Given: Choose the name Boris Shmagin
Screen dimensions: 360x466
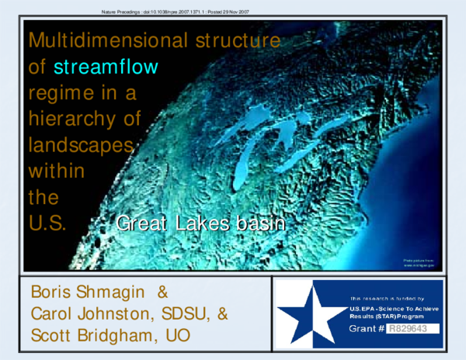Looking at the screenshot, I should click(x=86, y=292).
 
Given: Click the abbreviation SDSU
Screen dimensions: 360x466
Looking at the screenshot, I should click(x=186, y=313).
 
